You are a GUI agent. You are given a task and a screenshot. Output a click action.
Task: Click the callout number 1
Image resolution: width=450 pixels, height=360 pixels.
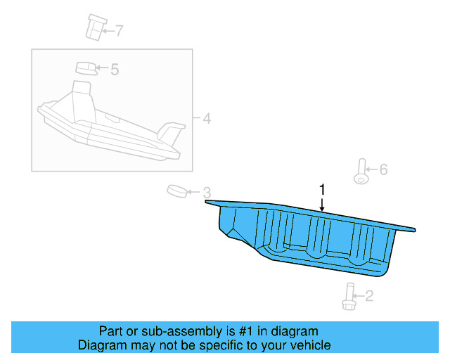(323, 190)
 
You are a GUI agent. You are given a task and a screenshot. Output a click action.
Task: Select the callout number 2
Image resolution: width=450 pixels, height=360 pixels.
(369, 297)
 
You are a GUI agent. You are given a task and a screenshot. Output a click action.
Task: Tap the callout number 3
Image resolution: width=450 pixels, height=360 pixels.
(207, 192)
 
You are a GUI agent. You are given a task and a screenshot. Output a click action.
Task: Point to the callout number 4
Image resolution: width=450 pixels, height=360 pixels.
(206, 118)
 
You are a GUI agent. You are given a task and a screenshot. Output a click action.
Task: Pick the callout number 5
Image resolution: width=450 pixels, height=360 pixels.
(115, 69)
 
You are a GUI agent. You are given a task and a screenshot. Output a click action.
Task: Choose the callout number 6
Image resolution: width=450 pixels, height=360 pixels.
(383, 169)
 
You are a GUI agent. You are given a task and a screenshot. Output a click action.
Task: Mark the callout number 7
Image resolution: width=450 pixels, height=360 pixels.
(119, 30)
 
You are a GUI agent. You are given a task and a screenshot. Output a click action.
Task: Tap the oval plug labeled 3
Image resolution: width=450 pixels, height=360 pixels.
(176, 191)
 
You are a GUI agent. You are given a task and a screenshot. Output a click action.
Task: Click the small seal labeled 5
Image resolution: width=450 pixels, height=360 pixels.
(85, 68)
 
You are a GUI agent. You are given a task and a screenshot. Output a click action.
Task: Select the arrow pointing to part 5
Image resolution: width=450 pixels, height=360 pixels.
(101, 69)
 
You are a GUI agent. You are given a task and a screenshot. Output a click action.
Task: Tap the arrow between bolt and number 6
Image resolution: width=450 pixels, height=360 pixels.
(373, 169)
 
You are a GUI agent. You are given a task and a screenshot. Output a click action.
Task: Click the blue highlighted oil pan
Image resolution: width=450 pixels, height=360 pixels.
(302, 236)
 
